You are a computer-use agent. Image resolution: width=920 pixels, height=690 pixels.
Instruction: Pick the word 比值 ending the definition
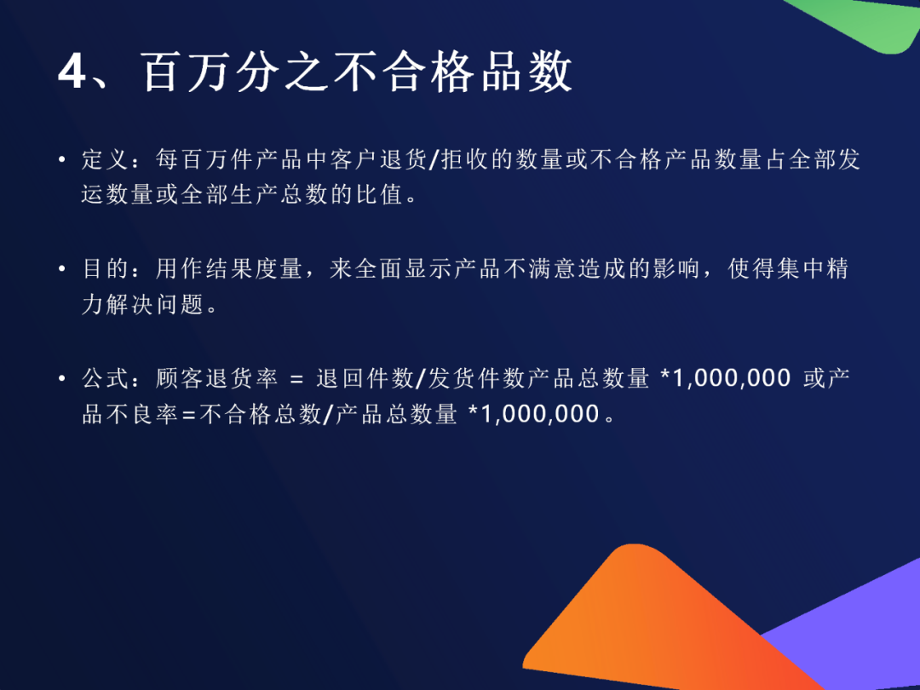380,195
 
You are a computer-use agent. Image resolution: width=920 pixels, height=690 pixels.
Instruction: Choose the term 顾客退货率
217,378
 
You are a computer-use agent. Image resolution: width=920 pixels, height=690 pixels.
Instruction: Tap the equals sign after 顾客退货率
297,379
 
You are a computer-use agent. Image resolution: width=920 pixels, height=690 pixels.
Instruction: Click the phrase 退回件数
365,378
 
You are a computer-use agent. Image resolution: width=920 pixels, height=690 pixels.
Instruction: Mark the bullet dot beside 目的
62,269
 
